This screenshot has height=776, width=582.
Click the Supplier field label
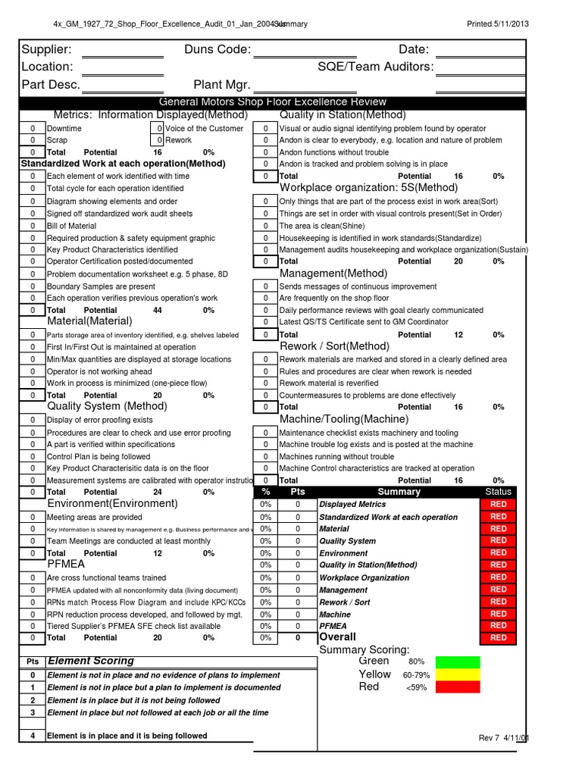coord(47,49)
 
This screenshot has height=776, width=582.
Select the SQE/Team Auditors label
coord(376,67)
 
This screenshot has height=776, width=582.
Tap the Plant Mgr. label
coord(222,84)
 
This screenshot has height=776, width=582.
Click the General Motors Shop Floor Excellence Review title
coord(272,102)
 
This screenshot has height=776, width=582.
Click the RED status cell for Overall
coord(498,637)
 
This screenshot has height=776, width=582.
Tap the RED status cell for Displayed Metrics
coord(498,504)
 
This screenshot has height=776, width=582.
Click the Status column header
coord(498,492)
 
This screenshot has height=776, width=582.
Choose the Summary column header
coord(399,492)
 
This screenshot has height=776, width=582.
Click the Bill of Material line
coord(72,226)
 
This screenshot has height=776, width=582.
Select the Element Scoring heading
coord(91,661)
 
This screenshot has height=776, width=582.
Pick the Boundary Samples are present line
coord(101,286)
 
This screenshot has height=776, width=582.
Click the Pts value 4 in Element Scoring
coord(33,736)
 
